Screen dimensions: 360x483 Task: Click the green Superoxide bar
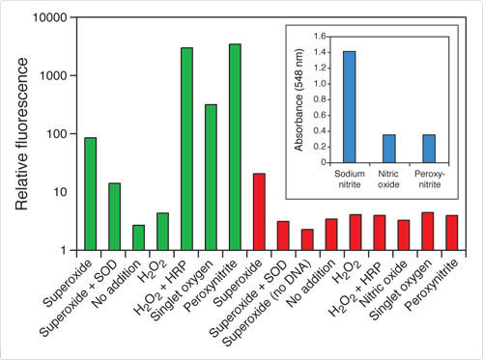[x=90, y=193]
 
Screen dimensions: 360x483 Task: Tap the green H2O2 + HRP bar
[x=186, y=149]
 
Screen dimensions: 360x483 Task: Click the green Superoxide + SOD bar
[x=114, y=216]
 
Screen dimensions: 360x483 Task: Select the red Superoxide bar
[x=259, y=211]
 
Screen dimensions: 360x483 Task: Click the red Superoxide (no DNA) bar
[x=307, y=239]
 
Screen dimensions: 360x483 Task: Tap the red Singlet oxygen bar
[x=427, y=231]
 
